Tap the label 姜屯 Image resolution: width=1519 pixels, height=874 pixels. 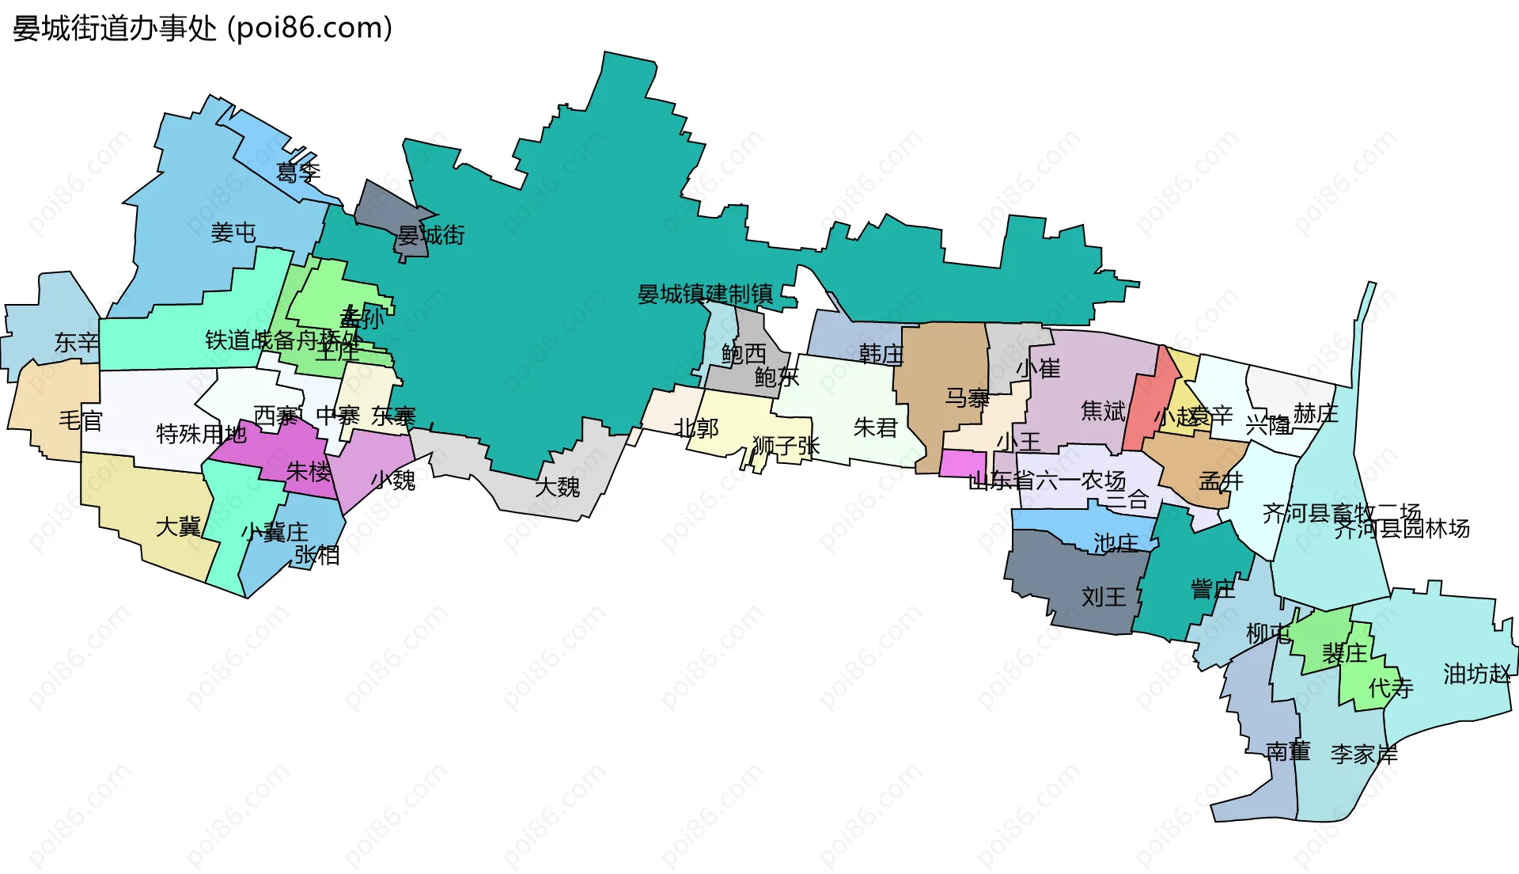pyautogui.click(x=233, y=233)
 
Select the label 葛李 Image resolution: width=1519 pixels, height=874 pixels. pyautogui.click(x=298, y=172)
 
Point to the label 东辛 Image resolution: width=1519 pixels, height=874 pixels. pyautogui.click(x=76, y=343)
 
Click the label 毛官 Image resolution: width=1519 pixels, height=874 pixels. pyautogui.click(x=81, y=420)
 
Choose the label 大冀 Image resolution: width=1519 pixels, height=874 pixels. pyautogui.click(x=179, y=527)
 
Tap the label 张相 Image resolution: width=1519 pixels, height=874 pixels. pyautogui.click(x=317, y=555)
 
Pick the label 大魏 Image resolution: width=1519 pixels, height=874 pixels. pyautogui.click(x=557, y=487)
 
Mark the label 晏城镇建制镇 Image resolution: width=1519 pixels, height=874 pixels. pyautogui.click(x=705, y=294)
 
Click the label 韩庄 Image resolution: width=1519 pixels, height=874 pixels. pyautogui.click(x=881, y=354)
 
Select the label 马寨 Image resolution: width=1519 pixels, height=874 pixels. pyautogui.click(x=967, y=398)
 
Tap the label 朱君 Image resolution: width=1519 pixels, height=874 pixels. pyautogui.click(x=875, y=428)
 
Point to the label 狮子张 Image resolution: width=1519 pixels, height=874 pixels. pyautogui.click(x=786, y=446)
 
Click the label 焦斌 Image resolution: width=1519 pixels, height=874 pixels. pyautogui.click(x=1103, y=411)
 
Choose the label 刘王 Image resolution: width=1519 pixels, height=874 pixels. pyautogui.click(x=1104, y=597)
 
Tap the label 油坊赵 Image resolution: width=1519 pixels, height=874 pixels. pyautogui.click(x=1476, y=674)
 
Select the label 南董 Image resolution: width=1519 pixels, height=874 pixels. pyautogui.click(x=1288, y=751)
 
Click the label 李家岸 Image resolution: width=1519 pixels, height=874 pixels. pyautogui.click(x=1364, y=754)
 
